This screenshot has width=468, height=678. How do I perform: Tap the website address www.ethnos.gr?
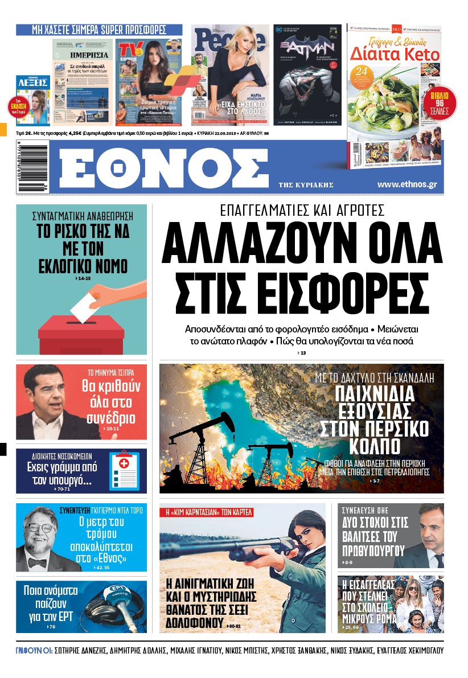(x=407, y=185)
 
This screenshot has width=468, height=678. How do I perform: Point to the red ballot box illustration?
(x=81, y=334)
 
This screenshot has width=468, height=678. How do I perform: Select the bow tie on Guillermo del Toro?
(x=39, y=562)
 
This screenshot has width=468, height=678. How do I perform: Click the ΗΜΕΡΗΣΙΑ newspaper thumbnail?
(x=83, y=83)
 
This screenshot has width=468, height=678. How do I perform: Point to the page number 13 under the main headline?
(x=303, y=354)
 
